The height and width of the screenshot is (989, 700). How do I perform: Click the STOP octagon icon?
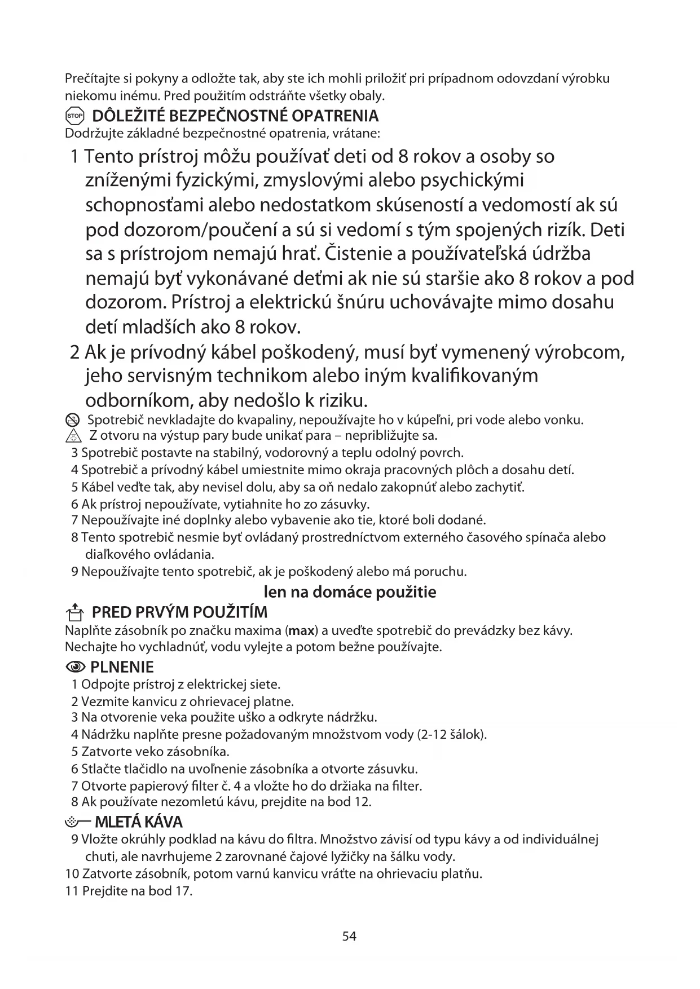(x=74, y=116)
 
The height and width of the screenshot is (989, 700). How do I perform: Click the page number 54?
(x=349, y=937)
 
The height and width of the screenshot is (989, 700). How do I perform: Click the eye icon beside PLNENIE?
(x=75, y=668)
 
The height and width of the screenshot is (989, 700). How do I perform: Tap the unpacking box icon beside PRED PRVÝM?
(x=74, y=612)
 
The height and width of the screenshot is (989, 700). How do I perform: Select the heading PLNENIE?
(x=122, y=668)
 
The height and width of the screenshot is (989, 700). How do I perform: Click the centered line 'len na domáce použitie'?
(x=350, y=592)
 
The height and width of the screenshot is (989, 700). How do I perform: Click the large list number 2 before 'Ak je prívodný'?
(x=74, y=352)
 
